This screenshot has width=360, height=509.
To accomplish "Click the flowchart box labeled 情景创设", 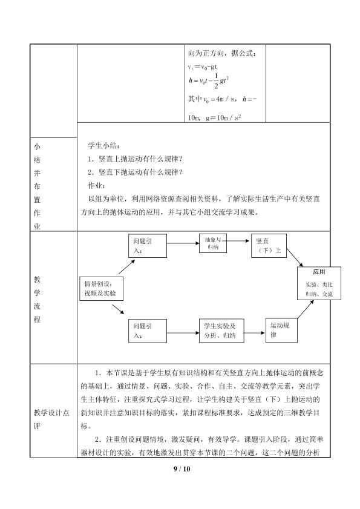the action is pyautogui.click(x=101, y=288).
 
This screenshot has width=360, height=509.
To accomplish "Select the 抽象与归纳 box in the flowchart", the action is pyautogui.click(x=213, y=243).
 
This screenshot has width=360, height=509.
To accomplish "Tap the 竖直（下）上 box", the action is pyautogui.click(x=269, y=246).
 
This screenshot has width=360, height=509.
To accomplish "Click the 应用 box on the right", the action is pyautogui.click(x=319, y=283).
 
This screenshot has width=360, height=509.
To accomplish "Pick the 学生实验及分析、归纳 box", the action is pyautogui.click(x=221, y=330).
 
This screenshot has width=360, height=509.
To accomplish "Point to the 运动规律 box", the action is pyautogui.click(x=281, y=330).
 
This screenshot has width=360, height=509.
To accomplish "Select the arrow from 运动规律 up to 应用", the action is pyautogui.click(x=306, y=309).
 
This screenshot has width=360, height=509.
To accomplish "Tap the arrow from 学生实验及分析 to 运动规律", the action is pyautogui.click(x=255, y=333).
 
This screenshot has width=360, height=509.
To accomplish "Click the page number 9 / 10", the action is pyautogui.click(x=182, y=468).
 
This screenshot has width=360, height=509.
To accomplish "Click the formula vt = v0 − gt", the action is pyautogui.click(x=203, y=67).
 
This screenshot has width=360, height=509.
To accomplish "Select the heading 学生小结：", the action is pyautogui.click(x=104, y=145).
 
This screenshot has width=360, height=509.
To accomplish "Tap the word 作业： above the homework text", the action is pyautogui.click(x=96, y=185).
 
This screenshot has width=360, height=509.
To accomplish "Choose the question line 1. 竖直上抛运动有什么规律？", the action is pyautogui.click(x=135, y=159).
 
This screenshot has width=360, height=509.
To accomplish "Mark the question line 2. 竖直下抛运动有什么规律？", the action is pyautogui.click(x=135, y=172).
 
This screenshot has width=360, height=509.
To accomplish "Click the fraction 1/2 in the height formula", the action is pyautogui.click(x=216, y=81).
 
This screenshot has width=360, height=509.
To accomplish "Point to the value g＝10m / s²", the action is pyautogui.click(x=224, y=117).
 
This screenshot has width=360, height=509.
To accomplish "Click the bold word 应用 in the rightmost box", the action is pyautogui.click(x=319, y=272).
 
